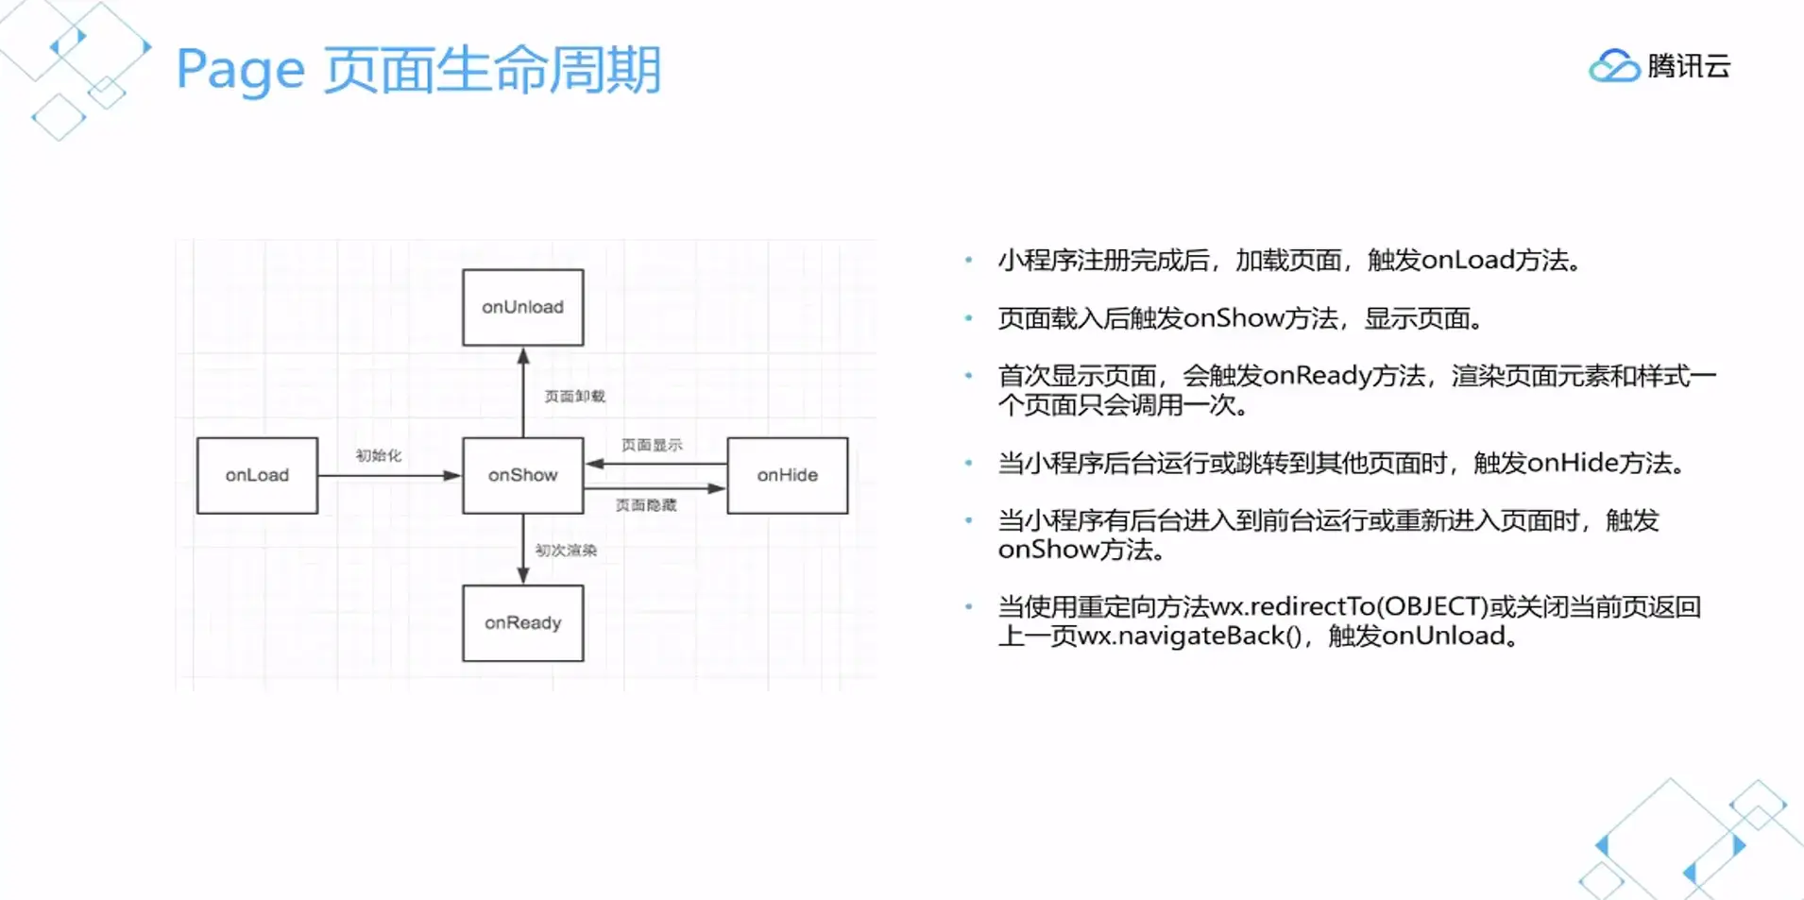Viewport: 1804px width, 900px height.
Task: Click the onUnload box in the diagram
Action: pyautogui.click(x=522, y=307)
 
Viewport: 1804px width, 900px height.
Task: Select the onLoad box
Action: pyautogui.click(x=257, y=475)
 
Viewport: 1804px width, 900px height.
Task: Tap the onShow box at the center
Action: pyautogui.click(x=522, y=475)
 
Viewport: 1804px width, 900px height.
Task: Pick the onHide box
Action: pyautogui.click(x=787, y=475)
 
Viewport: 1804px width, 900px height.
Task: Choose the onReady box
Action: pyautogui.click(x=522, y=622)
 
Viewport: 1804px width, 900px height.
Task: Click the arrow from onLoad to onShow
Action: pyautogui.click(x=387, y=475)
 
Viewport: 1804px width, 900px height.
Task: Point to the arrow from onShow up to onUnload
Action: pyautogui.click(x=523, y=392)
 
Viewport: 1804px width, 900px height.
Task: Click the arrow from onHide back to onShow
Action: pyautogui.click(x=655, y=464)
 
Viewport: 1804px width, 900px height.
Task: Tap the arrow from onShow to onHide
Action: pyautogui.click(x=655, y=488)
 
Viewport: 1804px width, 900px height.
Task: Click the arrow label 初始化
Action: pyautogui.click(x=378, y=455)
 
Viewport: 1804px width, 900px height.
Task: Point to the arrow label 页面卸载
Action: pyautogui.click(x=574, y=396)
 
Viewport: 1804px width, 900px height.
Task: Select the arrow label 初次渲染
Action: pyautogui.click(x=566, y=550)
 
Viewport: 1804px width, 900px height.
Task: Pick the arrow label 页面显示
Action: pyautogui.click(x=652, y=445)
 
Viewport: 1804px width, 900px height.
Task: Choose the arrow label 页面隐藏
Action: pyautogui.click(x=646, y=505)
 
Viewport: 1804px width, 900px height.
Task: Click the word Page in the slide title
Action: pyautogui.click(x=241, y=71)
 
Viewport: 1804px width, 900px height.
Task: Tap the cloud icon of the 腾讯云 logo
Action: pyautogui.click(x=1613, y=66)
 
